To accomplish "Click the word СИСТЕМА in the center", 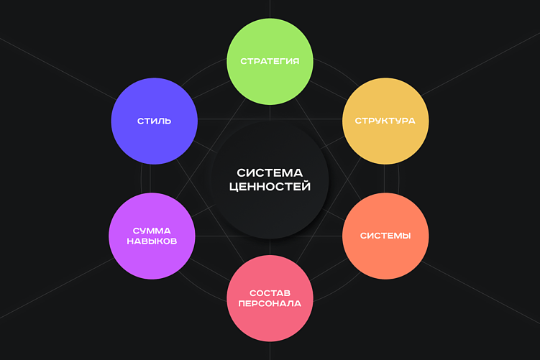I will click(270, 172).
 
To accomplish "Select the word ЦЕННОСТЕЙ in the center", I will click(270, 187).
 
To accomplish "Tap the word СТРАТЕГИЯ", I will click(270, 61).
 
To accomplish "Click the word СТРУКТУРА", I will click(385, 121).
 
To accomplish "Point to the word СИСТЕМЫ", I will click(385, 236).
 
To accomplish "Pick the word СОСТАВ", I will click(270, 293).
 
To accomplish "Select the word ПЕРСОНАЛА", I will click(270, 304).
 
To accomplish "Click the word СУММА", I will click(152, 231).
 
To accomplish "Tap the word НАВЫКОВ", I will click(152, 241).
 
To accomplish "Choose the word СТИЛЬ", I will click(155, 121).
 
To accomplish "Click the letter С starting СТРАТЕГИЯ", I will click(244, 61).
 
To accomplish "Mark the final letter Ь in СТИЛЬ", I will click(168, 121).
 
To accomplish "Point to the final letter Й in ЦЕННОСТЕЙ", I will click(306, 187).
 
